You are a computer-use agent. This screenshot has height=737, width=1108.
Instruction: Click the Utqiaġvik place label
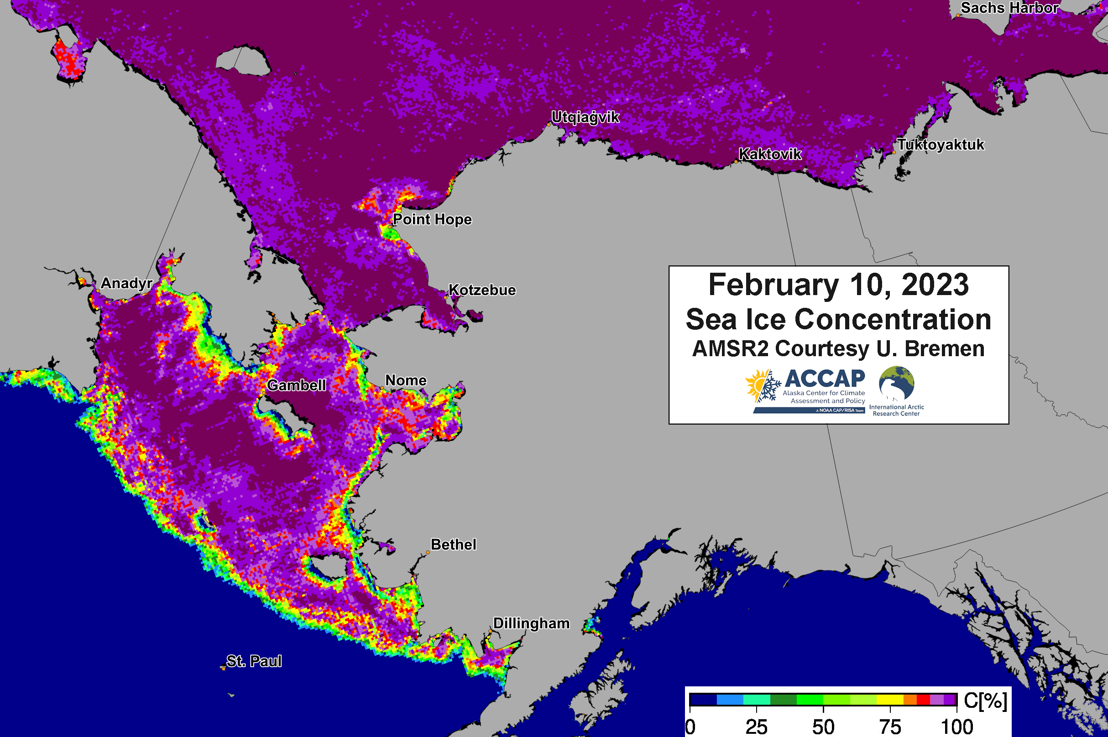coord(585,117)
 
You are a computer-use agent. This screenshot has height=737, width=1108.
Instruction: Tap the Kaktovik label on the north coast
coord(769,154)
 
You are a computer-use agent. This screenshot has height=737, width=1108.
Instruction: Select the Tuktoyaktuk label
coord(941,145)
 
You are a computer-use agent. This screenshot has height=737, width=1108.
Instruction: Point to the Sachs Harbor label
coord(1009,8)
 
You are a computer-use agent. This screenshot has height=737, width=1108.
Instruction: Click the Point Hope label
coord(432,219)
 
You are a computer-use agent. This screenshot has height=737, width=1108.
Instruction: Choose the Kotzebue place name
coord(481,290)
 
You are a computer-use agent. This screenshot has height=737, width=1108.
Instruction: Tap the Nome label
coord(405,380)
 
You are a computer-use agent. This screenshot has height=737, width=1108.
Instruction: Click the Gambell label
coord(296,385)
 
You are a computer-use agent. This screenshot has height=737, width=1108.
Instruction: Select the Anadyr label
coord(126,283)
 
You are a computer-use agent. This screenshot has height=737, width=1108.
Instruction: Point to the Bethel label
coord(453,544)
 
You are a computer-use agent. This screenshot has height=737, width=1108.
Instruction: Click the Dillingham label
coord(531,623)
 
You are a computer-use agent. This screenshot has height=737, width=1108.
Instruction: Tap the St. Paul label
coord(254,661)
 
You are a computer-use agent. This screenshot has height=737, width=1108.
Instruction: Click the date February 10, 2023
coord(838,285)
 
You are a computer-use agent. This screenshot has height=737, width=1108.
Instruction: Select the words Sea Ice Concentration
coord(838,320)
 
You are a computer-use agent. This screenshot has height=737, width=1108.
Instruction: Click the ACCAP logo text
coord(825,379)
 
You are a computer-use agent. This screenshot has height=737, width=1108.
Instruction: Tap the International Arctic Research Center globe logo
coord(896,383)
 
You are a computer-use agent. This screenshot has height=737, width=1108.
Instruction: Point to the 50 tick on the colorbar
coord(823,727)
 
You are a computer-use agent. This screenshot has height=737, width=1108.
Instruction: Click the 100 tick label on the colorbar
coord(956,727)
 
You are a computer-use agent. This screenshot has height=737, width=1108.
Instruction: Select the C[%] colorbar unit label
coord(985,701)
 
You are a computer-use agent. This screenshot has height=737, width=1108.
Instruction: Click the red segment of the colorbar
coord(923,700)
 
